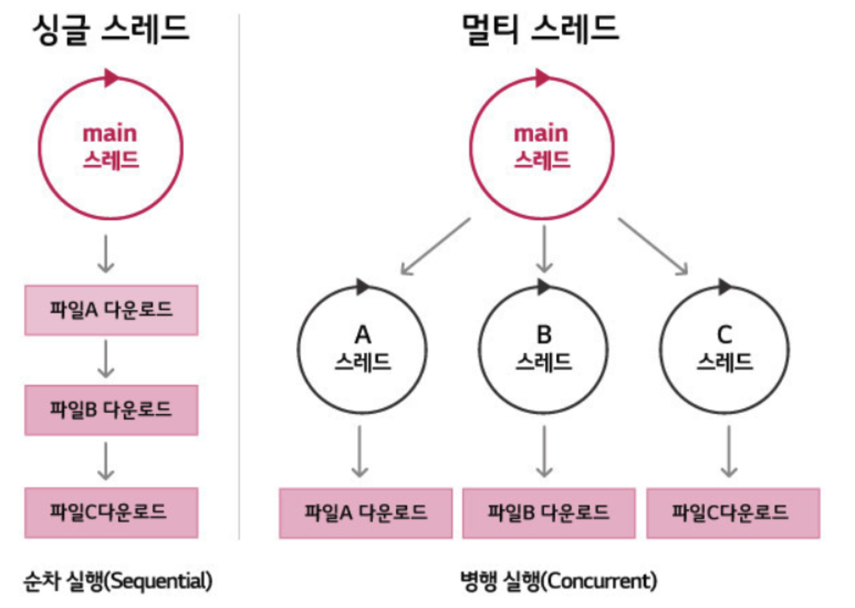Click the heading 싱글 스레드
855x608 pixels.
point(111,29)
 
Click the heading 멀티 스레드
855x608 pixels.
point(541,29)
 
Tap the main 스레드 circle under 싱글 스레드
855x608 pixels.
point(111,148)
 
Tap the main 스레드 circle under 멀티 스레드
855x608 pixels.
point(542,148)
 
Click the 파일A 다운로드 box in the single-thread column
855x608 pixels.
point(111,310)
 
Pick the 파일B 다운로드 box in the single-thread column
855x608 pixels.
point(111,410)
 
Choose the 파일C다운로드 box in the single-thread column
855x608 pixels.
point(111,512)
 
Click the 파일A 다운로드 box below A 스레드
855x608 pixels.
point(366,513)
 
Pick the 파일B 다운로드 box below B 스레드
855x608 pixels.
point(548,513)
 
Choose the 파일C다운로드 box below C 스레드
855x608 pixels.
point(733,513)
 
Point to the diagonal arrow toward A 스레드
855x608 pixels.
point(435,246)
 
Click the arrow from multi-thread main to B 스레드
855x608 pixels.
point(544,249)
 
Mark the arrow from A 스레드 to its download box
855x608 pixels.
point(360,451)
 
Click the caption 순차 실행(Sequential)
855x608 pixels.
point(118,581)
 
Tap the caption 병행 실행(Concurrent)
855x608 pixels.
point(558,581)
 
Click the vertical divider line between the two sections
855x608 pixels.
point(239,280)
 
